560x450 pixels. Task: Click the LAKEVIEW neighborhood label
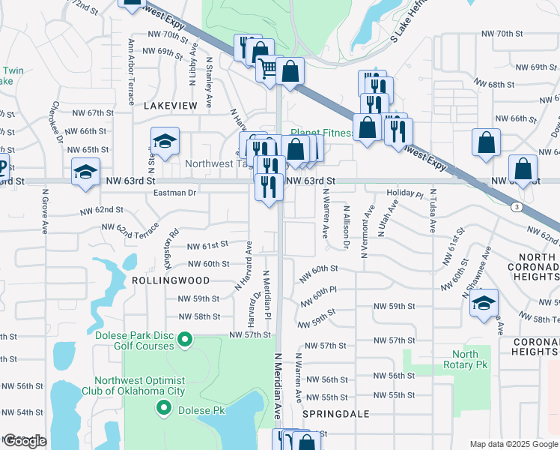pos(171,106)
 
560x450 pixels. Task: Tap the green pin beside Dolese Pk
pos(164,409)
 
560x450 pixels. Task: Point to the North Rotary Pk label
pos(465,359)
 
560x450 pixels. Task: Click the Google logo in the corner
pos(25,441)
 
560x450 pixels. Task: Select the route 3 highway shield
pos(516,206)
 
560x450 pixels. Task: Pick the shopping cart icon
pos(267,69)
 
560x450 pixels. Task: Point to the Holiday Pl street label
pos(405,193)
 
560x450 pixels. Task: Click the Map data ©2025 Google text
pos(514,443)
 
